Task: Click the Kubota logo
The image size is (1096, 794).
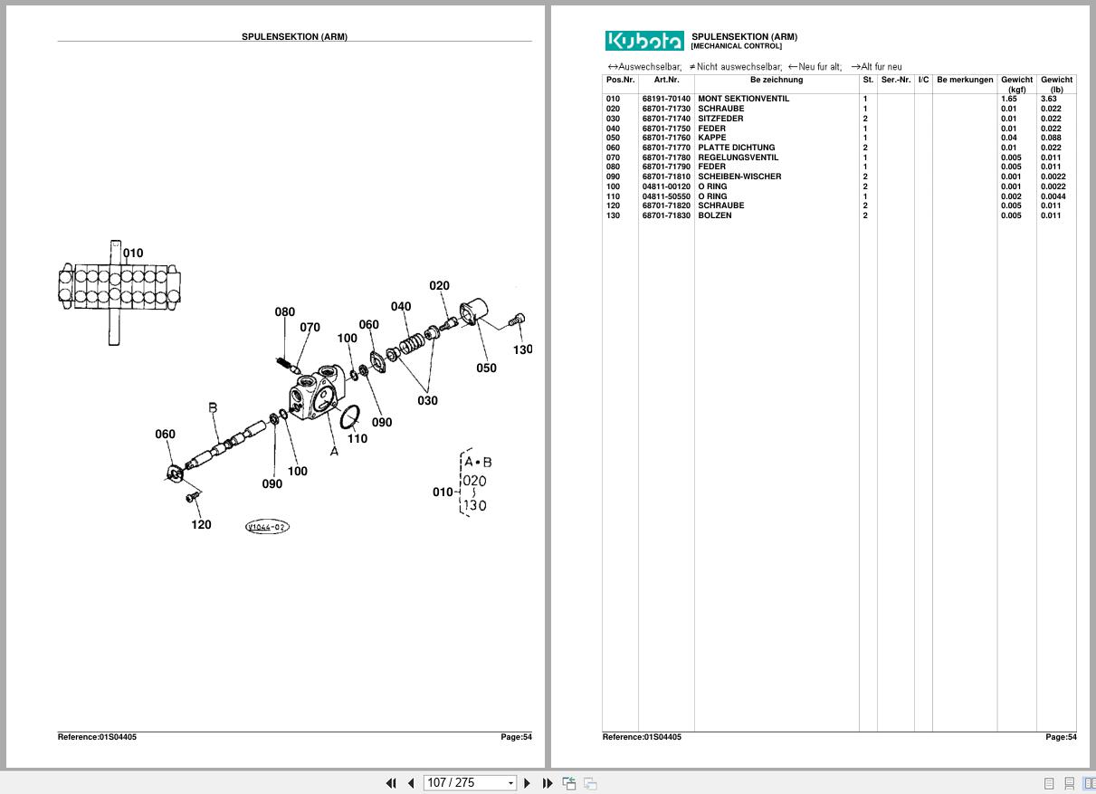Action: point(644,41)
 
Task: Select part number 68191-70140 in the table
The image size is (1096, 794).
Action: point(666,99)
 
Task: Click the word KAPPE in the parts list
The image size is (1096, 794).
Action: point(712,138)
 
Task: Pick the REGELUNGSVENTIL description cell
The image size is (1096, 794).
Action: point(738,158)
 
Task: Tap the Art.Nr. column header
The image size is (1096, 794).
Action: point(666,80)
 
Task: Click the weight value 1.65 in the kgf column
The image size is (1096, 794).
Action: point(1008,99)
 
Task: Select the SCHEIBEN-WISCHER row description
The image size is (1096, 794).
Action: point(739,177)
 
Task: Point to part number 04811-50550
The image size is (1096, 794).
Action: point(666,196)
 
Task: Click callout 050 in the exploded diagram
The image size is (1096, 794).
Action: point(486,368)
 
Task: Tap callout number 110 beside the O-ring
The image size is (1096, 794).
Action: point(357,439)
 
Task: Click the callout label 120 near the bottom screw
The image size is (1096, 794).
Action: point(201,524)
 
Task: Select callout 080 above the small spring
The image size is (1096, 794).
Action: point(284,312)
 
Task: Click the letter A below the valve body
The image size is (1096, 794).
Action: point(334,451)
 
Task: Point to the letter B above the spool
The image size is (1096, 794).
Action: point(213,408)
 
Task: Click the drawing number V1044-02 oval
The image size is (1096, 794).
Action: point(267,527)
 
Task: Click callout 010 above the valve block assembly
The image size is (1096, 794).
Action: point(133,254)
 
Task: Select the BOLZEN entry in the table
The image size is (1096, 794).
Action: point(715,215)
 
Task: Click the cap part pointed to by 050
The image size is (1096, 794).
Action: point(472,313)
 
